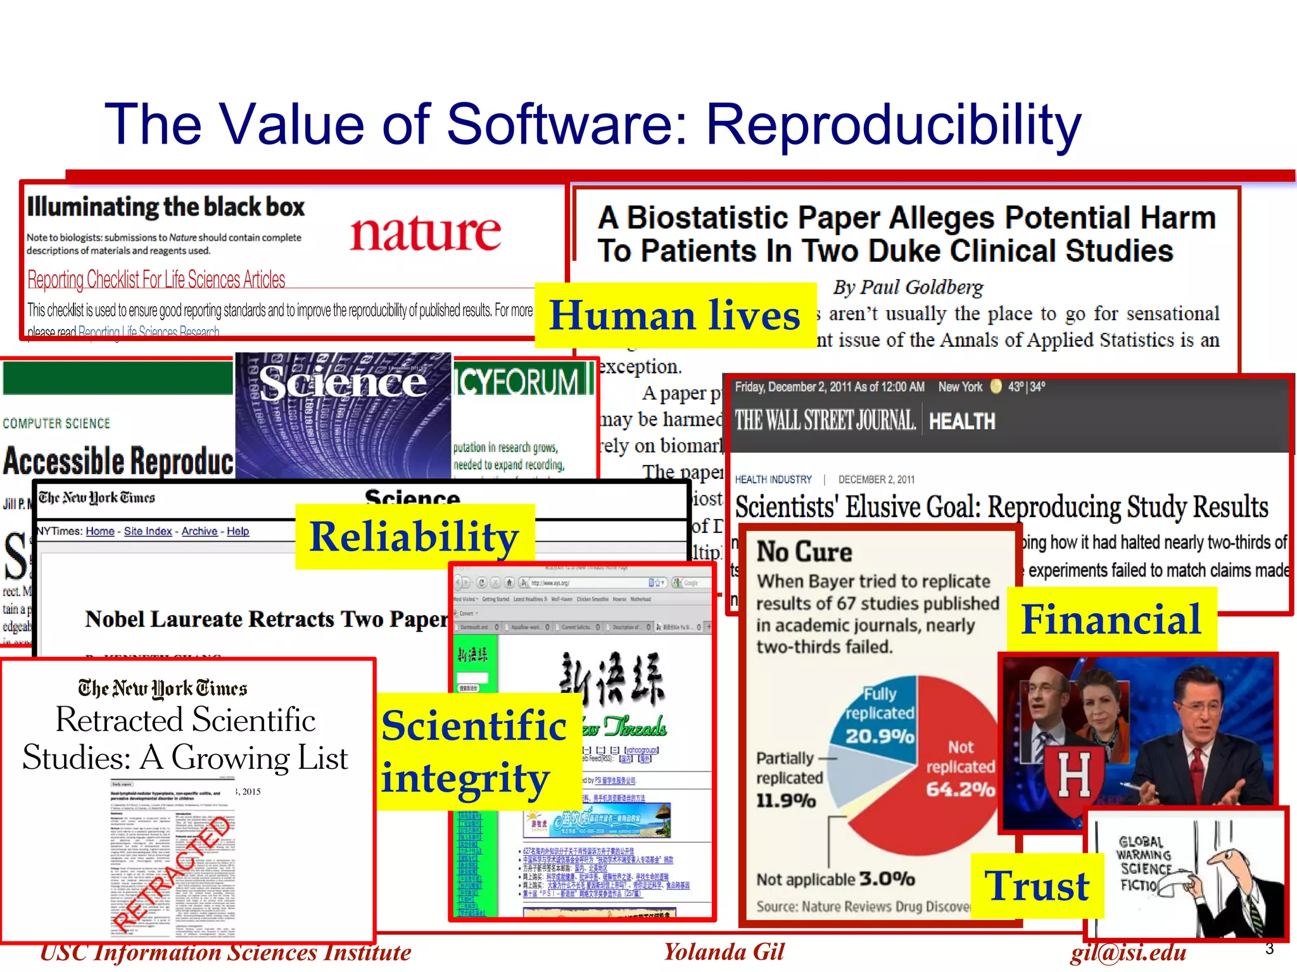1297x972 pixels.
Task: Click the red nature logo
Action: click(425, 232)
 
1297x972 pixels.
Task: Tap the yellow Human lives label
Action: click(675, 315)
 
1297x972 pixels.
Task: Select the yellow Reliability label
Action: click(414, 537)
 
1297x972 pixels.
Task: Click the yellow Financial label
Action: click(1111, 619)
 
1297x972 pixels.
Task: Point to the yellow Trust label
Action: click(1037, 885)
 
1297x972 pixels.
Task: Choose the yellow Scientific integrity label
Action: click(474, 751)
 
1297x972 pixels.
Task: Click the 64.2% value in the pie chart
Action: click(960, 789)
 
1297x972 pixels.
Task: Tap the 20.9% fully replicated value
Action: click(880, 736)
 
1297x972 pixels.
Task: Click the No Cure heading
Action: click(804, 552)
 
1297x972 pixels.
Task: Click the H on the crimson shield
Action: click(1074, 775)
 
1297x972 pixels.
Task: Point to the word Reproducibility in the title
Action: click(893, 124)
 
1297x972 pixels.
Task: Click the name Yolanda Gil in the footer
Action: click(724, 952)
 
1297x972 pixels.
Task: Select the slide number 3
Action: click(1269, 949)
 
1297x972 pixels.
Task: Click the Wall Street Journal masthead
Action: click(825, 420)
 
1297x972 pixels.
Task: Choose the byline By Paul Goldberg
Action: click(908, 287)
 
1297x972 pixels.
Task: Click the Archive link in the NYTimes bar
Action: click(199, 531)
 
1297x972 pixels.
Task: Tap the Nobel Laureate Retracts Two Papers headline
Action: click(267, 619)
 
